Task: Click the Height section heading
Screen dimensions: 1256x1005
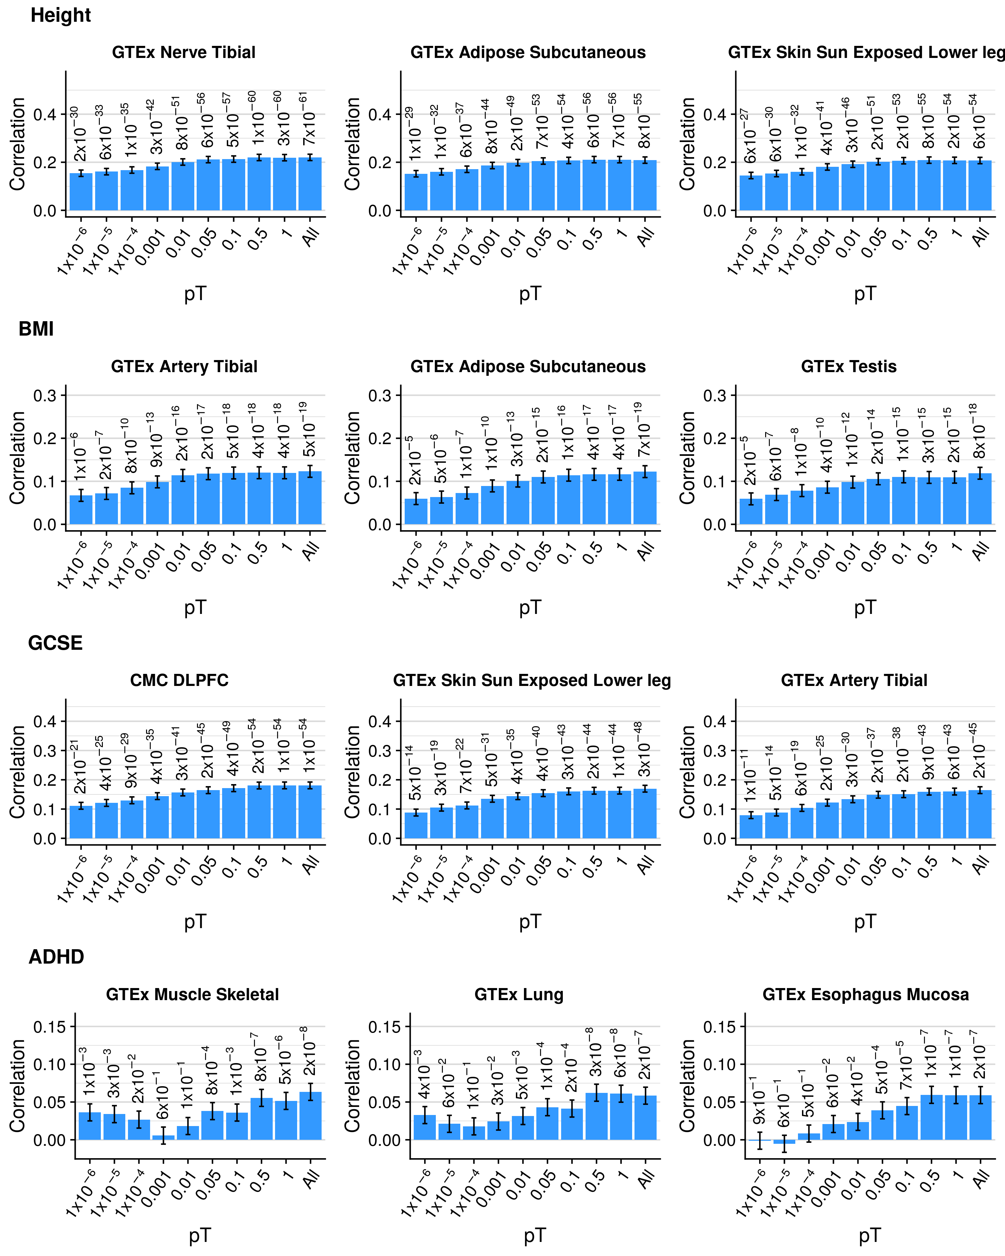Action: click(x=61, y=15)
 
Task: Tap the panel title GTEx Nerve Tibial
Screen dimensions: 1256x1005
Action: click(x=184, y=53)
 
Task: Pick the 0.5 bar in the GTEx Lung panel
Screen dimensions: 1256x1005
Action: click(x=596, y=1116)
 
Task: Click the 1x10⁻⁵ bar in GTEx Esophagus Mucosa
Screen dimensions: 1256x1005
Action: click(x=784, y=1141)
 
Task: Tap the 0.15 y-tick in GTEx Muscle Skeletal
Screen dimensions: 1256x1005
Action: click(x=50, y=1027)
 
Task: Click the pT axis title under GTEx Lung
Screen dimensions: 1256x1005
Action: click(x=535, y=1235)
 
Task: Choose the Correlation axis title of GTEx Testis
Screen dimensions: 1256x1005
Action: click(x=687, y=458)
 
